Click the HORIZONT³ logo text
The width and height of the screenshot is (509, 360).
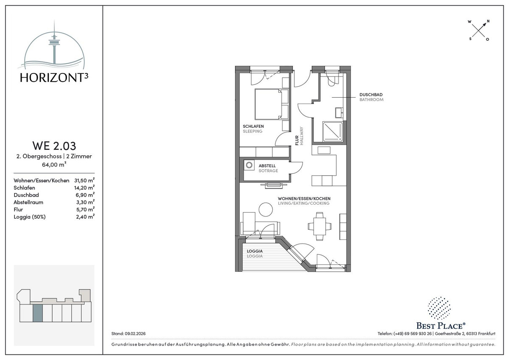pyautogui.click(x=54, y=78)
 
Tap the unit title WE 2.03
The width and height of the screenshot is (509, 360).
pyautogui.click(x=54, y=146)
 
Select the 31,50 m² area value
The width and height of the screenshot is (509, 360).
pyautogui.click(x=84, y=180)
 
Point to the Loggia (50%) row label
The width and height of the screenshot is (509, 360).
pyautogui.click(x=30, y=217)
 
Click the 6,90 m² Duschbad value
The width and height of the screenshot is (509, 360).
pyautogui.click(x=85, y=195)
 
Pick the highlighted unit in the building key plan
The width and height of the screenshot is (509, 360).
pyautogui.click(x=37, y=313)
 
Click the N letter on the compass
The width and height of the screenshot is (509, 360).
pyautogui.click(x=488, y=21)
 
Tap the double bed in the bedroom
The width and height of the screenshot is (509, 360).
pyautogui.click(x=271, y=104)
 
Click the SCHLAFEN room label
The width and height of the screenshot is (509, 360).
pyautogui.click(x=253, y=126)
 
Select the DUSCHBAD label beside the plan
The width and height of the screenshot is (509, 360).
pyautogui.click(x=371, y=95)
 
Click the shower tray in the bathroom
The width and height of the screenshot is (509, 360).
pyautogui.click(x=333, y=132)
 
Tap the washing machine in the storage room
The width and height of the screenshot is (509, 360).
pyautogui.click(x=249, y=165)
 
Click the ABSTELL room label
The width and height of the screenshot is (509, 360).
pyautogui.click(x=267, y=166)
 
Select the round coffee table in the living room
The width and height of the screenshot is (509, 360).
pyautogui.click(x=266, y=209)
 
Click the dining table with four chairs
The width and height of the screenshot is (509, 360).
pyautogui.click(x=319, y=226)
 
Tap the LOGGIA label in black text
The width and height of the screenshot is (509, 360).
pyautogui.click(x=255, y=251)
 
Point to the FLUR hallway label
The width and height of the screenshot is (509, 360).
pyautogui.click(x=297, y=141)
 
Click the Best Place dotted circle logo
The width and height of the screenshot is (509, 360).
pyautogui.click(x=439, y=308)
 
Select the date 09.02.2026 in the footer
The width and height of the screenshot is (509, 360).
pyautogui.click(x=135, y=334)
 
